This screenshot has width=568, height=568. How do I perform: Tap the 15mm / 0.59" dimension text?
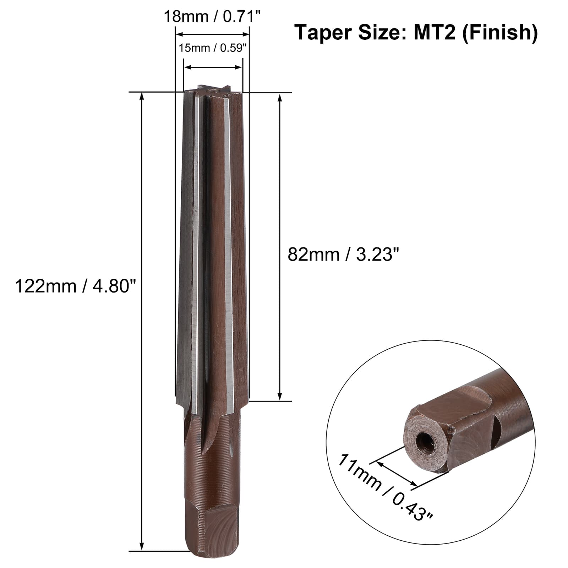212,48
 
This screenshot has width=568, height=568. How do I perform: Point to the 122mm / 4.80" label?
76,286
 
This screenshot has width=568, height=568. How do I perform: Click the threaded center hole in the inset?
424,441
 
